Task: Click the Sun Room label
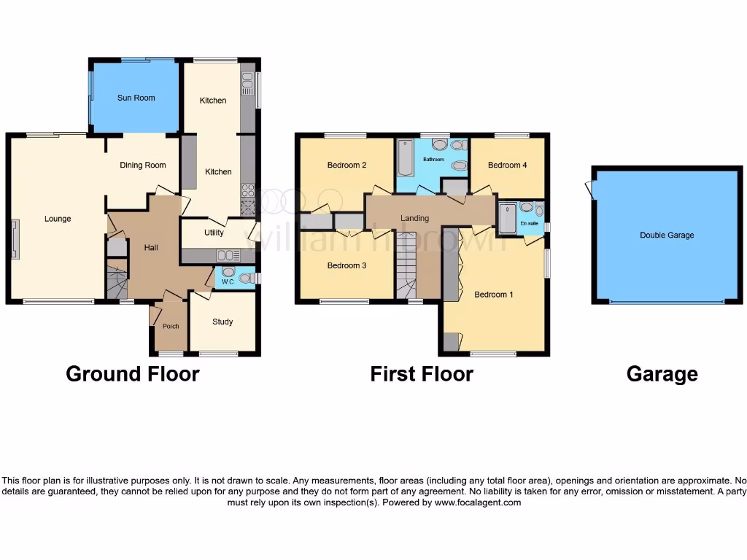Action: [136, 98]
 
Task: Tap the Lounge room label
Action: [58, 219]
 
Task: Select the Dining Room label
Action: [143, 166]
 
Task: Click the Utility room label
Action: [214, 233]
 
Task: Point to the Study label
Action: [222, 322]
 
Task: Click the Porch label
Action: [171, 326]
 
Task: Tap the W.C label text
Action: [227, 282]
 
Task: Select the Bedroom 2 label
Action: [347, 166]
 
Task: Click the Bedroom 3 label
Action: [347, 265]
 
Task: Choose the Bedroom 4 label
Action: [508, 166]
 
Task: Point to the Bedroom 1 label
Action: [494, 295]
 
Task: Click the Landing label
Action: [415, 218]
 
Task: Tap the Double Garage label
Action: [667, 236]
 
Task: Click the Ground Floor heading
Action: [133, 374]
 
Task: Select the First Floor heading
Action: [422, 374]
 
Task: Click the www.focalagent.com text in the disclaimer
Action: [478, 502]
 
